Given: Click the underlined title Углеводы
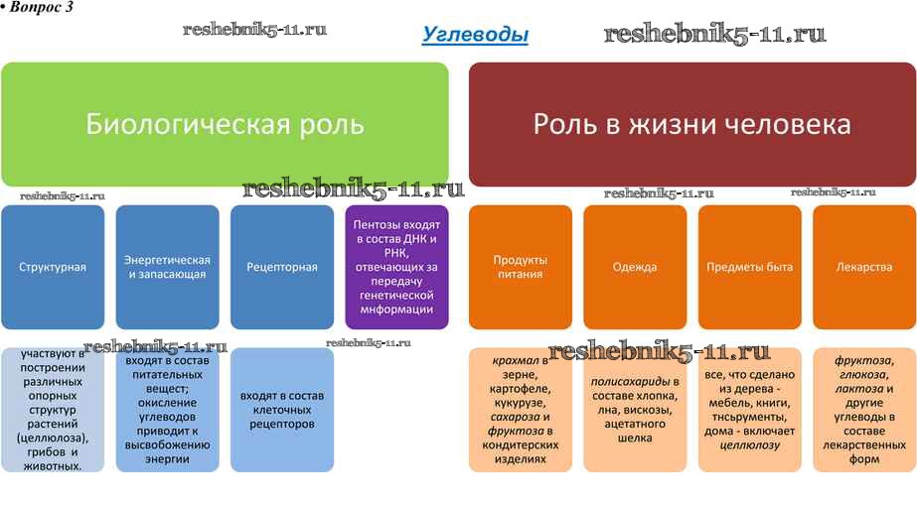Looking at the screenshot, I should point(475,36).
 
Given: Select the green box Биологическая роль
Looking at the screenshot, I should point(225,124).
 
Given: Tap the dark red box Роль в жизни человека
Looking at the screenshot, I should point(692,124).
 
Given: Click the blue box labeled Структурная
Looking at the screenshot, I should point(53,267).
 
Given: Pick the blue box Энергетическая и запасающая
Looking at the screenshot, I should point(167,267).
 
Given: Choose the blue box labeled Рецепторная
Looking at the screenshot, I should point(282,267).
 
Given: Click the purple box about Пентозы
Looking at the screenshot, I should point(396,267).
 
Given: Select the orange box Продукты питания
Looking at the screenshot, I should point(520,267).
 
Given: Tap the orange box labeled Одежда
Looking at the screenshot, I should point(635,267).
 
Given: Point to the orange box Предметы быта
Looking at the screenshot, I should point(749,267).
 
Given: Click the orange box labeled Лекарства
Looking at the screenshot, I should point(863,267).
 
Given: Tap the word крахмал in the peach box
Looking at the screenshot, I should point(515,361).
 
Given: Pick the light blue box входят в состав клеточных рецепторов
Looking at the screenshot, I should point(282,410).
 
